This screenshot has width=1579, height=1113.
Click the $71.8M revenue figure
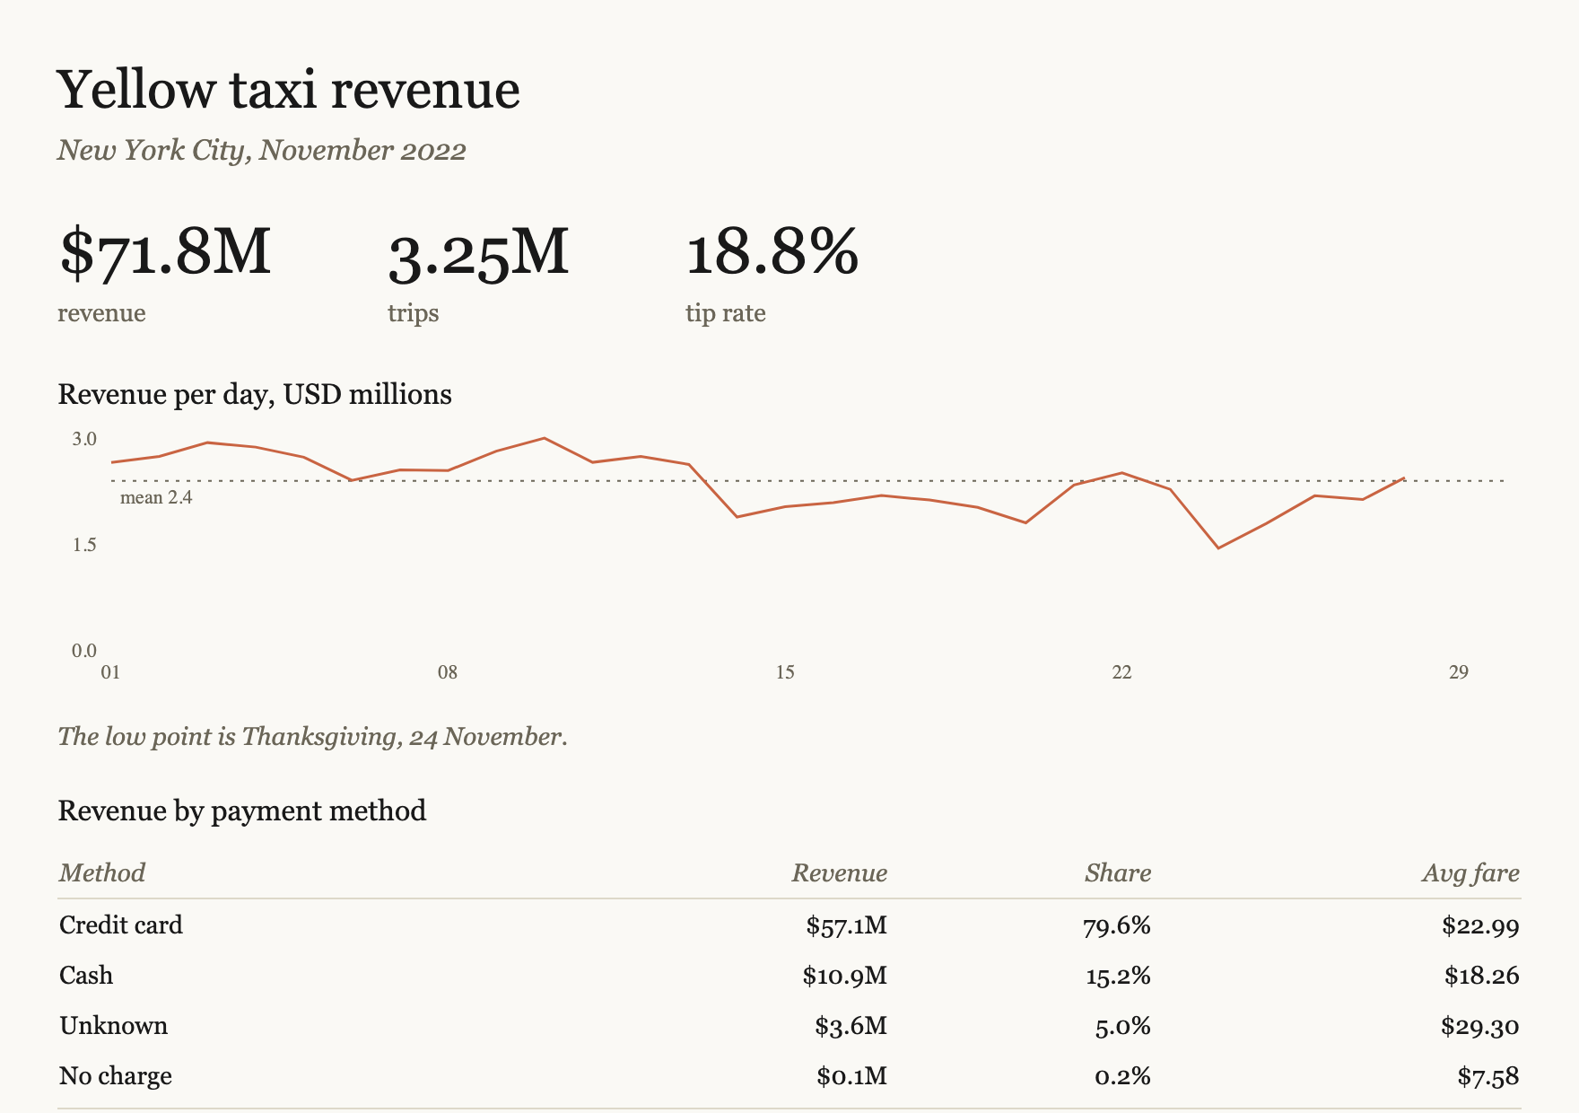tap(165, 253)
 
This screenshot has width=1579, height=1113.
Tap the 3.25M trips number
tap(478, 253)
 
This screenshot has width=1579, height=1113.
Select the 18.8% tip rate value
tap(772, 252)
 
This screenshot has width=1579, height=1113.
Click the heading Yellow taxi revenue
tap(289, 90)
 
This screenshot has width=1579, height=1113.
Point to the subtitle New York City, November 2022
tap(262, 150)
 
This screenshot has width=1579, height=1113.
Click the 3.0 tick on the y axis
tap(84, 439)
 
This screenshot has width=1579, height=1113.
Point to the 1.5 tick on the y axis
tap(84, 545)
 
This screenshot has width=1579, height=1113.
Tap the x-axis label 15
tap(785, 672)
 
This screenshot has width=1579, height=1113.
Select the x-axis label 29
tap(1459, 672)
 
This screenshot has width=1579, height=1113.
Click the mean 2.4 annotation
tap(156, 497)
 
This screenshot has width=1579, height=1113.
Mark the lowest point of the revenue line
tap(1217, 548)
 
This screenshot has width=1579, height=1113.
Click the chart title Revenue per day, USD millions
tap(255, 395)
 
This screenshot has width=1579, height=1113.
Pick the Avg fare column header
tap(1470, 873)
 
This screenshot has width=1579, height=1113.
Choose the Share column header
tap(1118, 873)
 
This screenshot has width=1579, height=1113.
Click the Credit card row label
tap(121, 925)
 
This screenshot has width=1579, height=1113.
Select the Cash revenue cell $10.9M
tap(845, 976)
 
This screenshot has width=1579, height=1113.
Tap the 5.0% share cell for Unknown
tap(1123, 1026)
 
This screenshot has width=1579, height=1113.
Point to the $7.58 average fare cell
tap(1488, 1076)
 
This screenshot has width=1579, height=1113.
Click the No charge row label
tap(116, 1076)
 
